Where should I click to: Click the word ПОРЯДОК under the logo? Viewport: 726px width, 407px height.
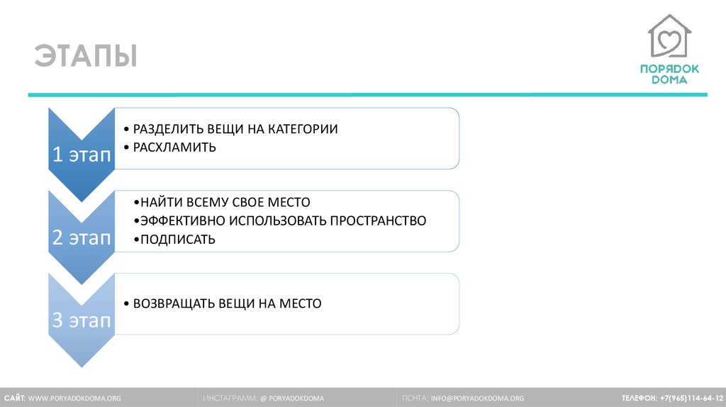click(669, 69)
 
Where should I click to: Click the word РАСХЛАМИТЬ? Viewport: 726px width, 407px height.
click(174, 147)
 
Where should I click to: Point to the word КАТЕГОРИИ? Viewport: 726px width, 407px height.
click(303, 129)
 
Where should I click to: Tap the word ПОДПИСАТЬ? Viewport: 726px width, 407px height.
click(178, 239)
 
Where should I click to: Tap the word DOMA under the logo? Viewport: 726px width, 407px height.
click(669, 79)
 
